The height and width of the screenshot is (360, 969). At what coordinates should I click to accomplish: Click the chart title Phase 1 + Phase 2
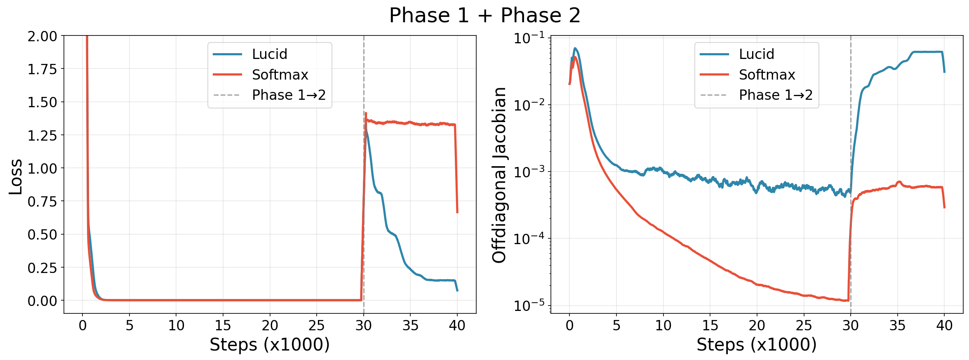[484, 16]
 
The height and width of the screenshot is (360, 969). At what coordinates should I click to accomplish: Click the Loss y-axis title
[16, 176]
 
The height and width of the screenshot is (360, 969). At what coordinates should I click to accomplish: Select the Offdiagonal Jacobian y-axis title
[499, 175]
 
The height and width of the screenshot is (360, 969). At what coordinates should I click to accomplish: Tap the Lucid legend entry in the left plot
[269, 54]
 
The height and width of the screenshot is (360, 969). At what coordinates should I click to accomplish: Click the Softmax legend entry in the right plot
[767, 75]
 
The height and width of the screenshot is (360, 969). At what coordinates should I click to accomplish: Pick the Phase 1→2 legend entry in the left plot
[289, 95]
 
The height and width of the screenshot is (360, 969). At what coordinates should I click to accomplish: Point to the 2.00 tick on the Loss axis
[42, 36]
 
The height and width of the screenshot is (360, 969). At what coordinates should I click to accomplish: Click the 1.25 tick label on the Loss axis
[42, 135]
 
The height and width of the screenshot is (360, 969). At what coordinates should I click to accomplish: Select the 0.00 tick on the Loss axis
[42, 301]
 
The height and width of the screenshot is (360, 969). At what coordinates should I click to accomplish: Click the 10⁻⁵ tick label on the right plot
[529, 305]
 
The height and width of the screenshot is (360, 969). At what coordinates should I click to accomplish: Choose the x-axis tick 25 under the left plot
[317, 326]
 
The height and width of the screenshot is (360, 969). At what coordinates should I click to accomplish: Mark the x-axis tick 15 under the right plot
[710, 326]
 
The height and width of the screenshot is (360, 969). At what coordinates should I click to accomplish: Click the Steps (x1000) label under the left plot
[270, 345]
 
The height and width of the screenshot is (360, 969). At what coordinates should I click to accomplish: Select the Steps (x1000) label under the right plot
[757, 345]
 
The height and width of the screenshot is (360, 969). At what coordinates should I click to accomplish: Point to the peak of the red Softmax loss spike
[366, 113]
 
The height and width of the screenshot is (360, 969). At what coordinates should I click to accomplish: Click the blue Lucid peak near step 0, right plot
[575, 48]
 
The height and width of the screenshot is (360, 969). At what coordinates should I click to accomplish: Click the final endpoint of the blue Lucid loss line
[457, 291]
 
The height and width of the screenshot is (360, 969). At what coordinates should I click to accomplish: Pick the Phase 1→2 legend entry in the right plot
[775, 95]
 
